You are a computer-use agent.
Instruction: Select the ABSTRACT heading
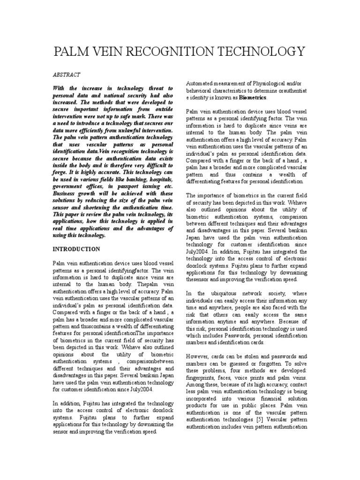point(66,75)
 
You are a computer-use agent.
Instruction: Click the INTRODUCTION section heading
point(76,249)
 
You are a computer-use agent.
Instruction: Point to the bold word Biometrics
point(253,97)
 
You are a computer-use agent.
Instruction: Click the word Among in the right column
point(197,385)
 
